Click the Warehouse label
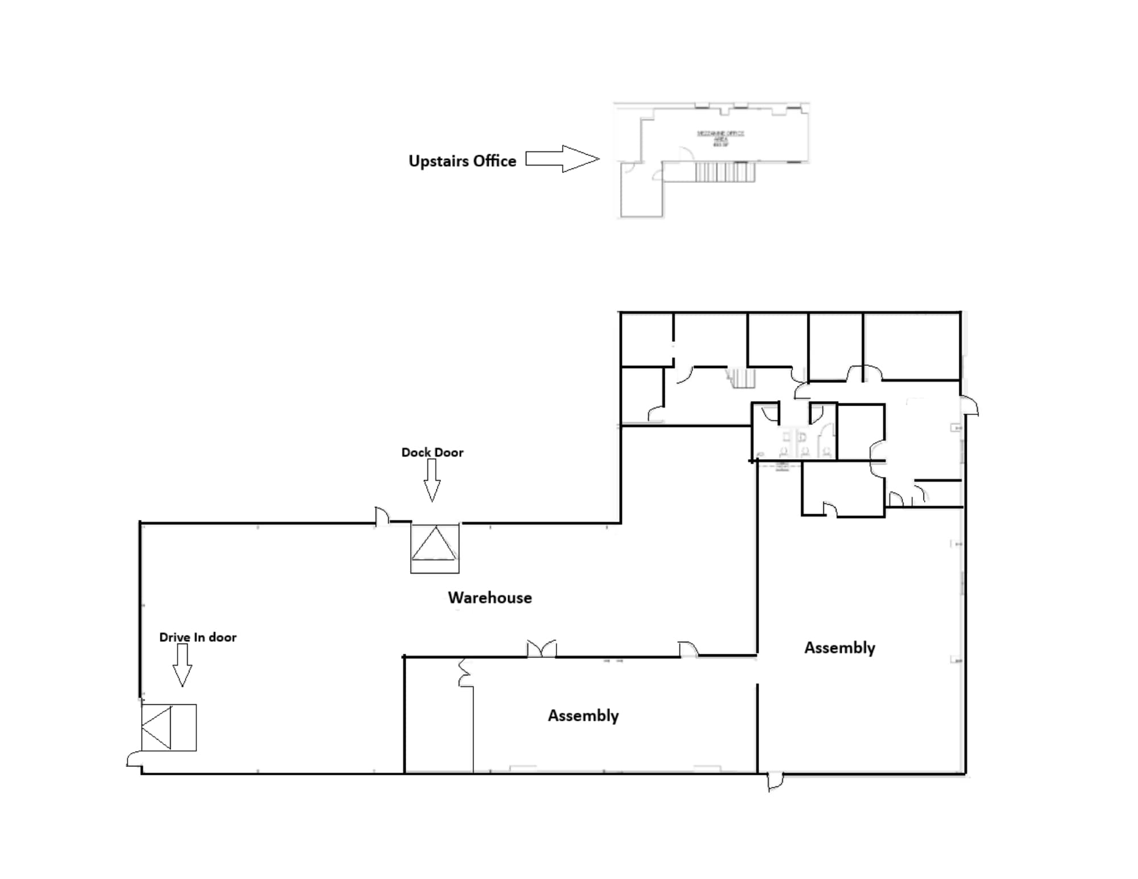[489, 597]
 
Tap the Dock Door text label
[432, 452]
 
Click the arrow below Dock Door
[432, 480]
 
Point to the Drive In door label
[197, 637]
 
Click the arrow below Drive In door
[182, 665]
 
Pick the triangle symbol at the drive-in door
[158, 727]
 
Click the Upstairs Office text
[462, 161]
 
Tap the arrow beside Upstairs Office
[562, 159]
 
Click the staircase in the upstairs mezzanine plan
[725, 172]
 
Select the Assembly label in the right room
[839, 647]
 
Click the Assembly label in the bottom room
[583, 715]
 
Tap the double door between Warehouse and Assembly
[541, 649]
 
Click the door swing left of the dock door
[382, 515]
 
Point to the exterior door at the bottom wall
[774, 781]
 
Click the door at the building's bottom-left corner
[134, 760]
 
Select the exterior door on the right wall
[970, 406]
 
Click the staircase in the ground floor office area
[742, 378]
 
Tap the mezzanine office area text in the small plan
[720, 137]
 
